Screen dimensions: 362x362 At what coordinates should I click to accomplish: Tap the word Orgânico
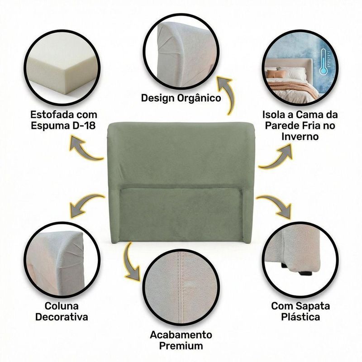point(199,98)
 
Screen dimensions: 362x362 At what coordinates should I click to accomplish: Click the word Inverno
point(300,136)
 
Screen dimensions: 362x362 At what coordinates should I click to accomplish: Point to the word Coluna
point(62,306)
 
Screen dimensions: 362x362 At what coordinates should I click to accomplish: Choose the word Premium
point(181,346)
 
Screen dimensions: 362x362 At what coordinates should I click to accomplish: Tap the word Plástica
point(300,317)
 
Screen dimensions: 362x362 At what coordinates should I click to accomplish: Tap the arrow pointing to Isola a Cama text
point(277,157)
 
